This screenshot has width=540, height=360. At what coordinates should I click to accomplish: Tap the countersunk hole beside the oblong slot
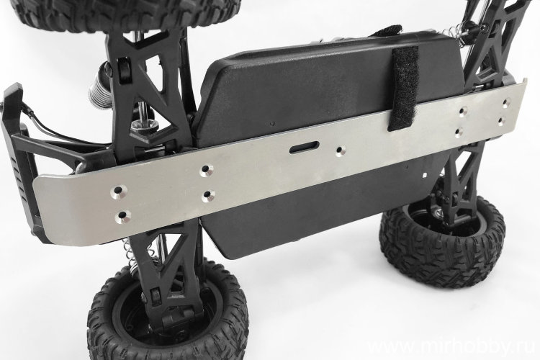coord(341,150)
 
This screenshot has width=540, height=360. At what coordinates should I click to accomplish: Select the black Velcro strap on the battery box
coord(403,88)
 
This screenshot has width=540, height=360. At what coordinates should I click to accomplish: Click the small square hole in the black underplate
coord(426,175)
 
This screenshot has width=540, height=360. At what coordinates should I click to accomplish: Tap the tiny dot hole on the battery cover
coord(272,123)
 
